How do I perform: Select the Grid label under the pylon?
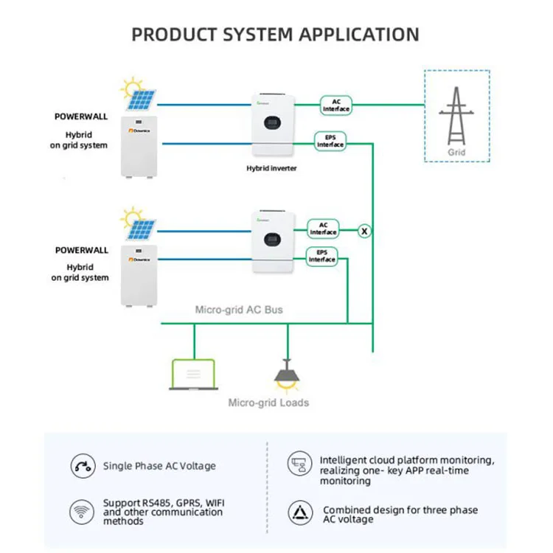457,153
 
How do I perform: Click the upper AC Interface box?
335,105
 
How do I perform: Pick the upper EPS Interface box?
330,141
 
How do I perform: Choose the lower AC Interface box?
323,229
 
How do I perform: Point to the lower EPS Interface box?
321,256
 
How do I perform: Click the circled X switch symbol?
364,231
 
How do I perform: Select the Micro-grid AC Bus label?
239,310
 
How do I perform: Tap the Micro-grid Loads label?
268,403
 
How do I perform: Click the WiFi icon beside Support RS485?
81,510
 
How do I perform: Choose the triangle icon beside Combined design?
299,511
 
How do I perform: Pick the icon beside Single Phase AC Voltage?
81,466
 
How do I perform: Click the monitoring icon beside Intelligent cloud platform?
298,464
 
